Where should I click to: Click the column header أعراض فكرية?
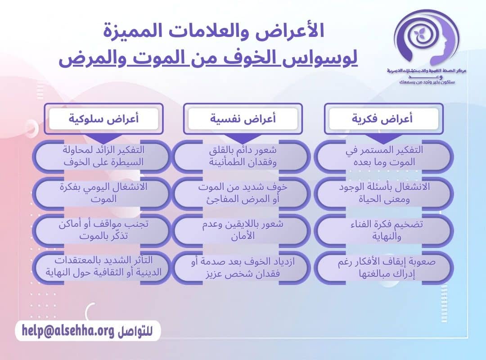384,119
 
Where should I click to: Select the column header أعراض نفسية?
243,119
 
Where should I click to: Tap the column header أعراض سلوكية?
103,119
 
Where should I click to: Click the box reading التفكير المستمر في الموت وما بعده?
383,156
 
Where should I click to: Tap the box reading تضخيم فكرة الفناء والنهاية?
383,230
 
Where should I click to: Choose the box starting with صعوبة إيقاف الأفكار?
383,267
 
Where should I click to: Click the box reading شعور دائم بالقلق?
242,156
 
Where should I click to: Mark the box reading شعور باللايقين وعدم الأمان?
242,230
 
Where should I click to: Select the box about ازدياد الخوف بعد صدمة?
242,267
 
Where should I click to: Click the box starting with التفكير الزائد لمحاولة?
103,156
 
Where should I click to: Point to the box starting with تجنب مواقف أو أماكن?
103,230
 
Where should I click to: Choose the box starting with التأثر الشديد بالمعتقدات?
103,267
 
